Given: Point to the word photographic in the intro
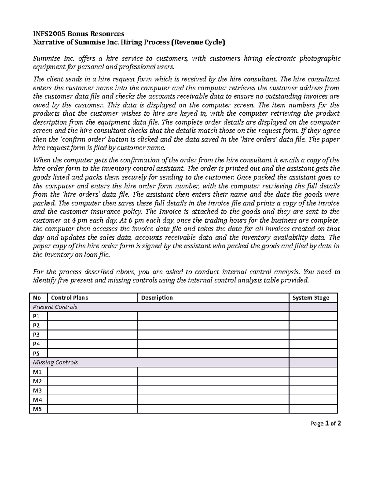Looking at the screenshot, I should (320, 59).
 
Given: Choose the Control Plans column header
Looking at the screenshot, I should (69, 298).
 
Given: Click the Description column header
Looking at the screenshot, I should (157, 298).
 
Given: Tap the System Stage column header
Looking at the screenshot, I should (310, 298).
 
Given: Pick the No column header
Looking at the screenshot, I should (37, 298).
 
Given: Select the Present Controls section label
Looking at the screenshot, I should (55, 307).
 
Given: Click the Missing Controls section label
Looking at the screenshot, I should (55, 362).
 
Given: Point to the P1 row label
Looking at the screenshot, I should (36, 316).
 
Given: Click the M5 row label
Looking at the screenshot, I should (37, 409).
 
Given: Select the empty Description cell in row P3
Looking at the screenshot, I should (213, 335).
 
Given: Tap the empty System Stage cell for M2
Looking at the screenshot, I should (313, 381).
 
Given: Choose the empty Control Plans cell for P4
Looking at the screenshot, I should (92, 344).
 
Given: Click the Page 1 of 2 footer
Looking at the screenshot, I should (326, 424).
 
